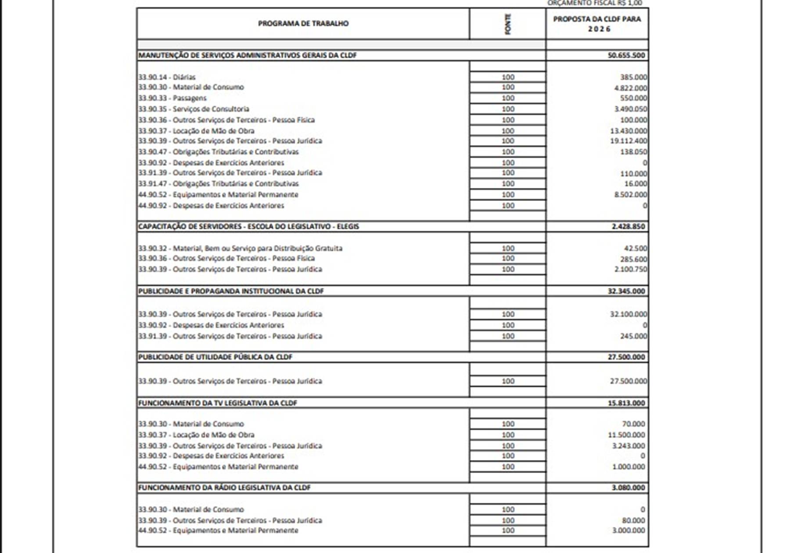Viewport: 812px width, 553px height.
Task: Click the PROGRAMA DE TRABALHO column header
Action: click(x=303, y=23)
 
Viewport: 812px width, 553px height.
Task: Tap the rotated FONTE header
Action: click(x=508, y=24)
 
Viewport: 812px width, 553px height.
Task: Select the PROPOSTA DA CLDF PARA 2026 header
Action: click(x=597, y=24)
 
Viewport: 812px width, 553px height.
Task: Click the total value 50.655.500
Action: click(x=626, y=55)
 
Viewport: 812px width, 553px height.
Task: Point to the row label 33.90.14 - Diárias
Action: click(x=167, y=77)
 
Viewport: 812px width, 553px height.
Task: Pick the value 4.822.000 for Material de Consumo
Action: click(x=630, y=88)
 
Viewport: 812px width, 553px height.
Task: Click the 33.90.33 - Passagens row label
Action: click(x=172, y=98)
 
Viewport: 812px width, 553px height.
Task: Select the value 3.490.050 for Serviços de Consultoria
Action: click(x=630, y=109)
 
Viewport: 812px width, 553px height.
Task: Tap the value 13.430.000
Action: click(x=629, y=131)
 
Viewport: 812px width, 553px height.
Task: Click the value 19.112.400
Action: click(x=629, y=141)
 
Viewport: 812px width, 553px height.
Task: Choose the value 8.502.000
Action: click(x=630, y=194)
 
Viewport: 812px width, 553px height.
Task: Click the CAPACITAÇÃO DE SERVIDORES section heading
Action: click(x=248, y=226)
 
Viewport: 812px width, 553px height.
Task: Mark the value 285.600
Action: click(x=633, y=259)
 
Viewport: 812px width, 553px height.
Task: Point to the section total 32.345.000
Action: click(x=626, y=291)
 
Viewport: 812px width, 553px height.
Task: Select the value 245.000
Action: click(x=633, y=336)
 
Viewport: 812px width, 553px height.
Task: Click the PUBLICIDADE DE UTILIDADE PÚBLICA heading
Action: click(x=215, y=357)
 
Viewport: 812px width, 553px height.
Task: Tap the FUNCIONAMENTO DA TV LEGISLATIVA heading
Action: click(x=217, y=403)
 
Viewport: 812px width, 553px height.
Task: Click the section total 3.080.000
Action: click(x=628, y=488)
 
